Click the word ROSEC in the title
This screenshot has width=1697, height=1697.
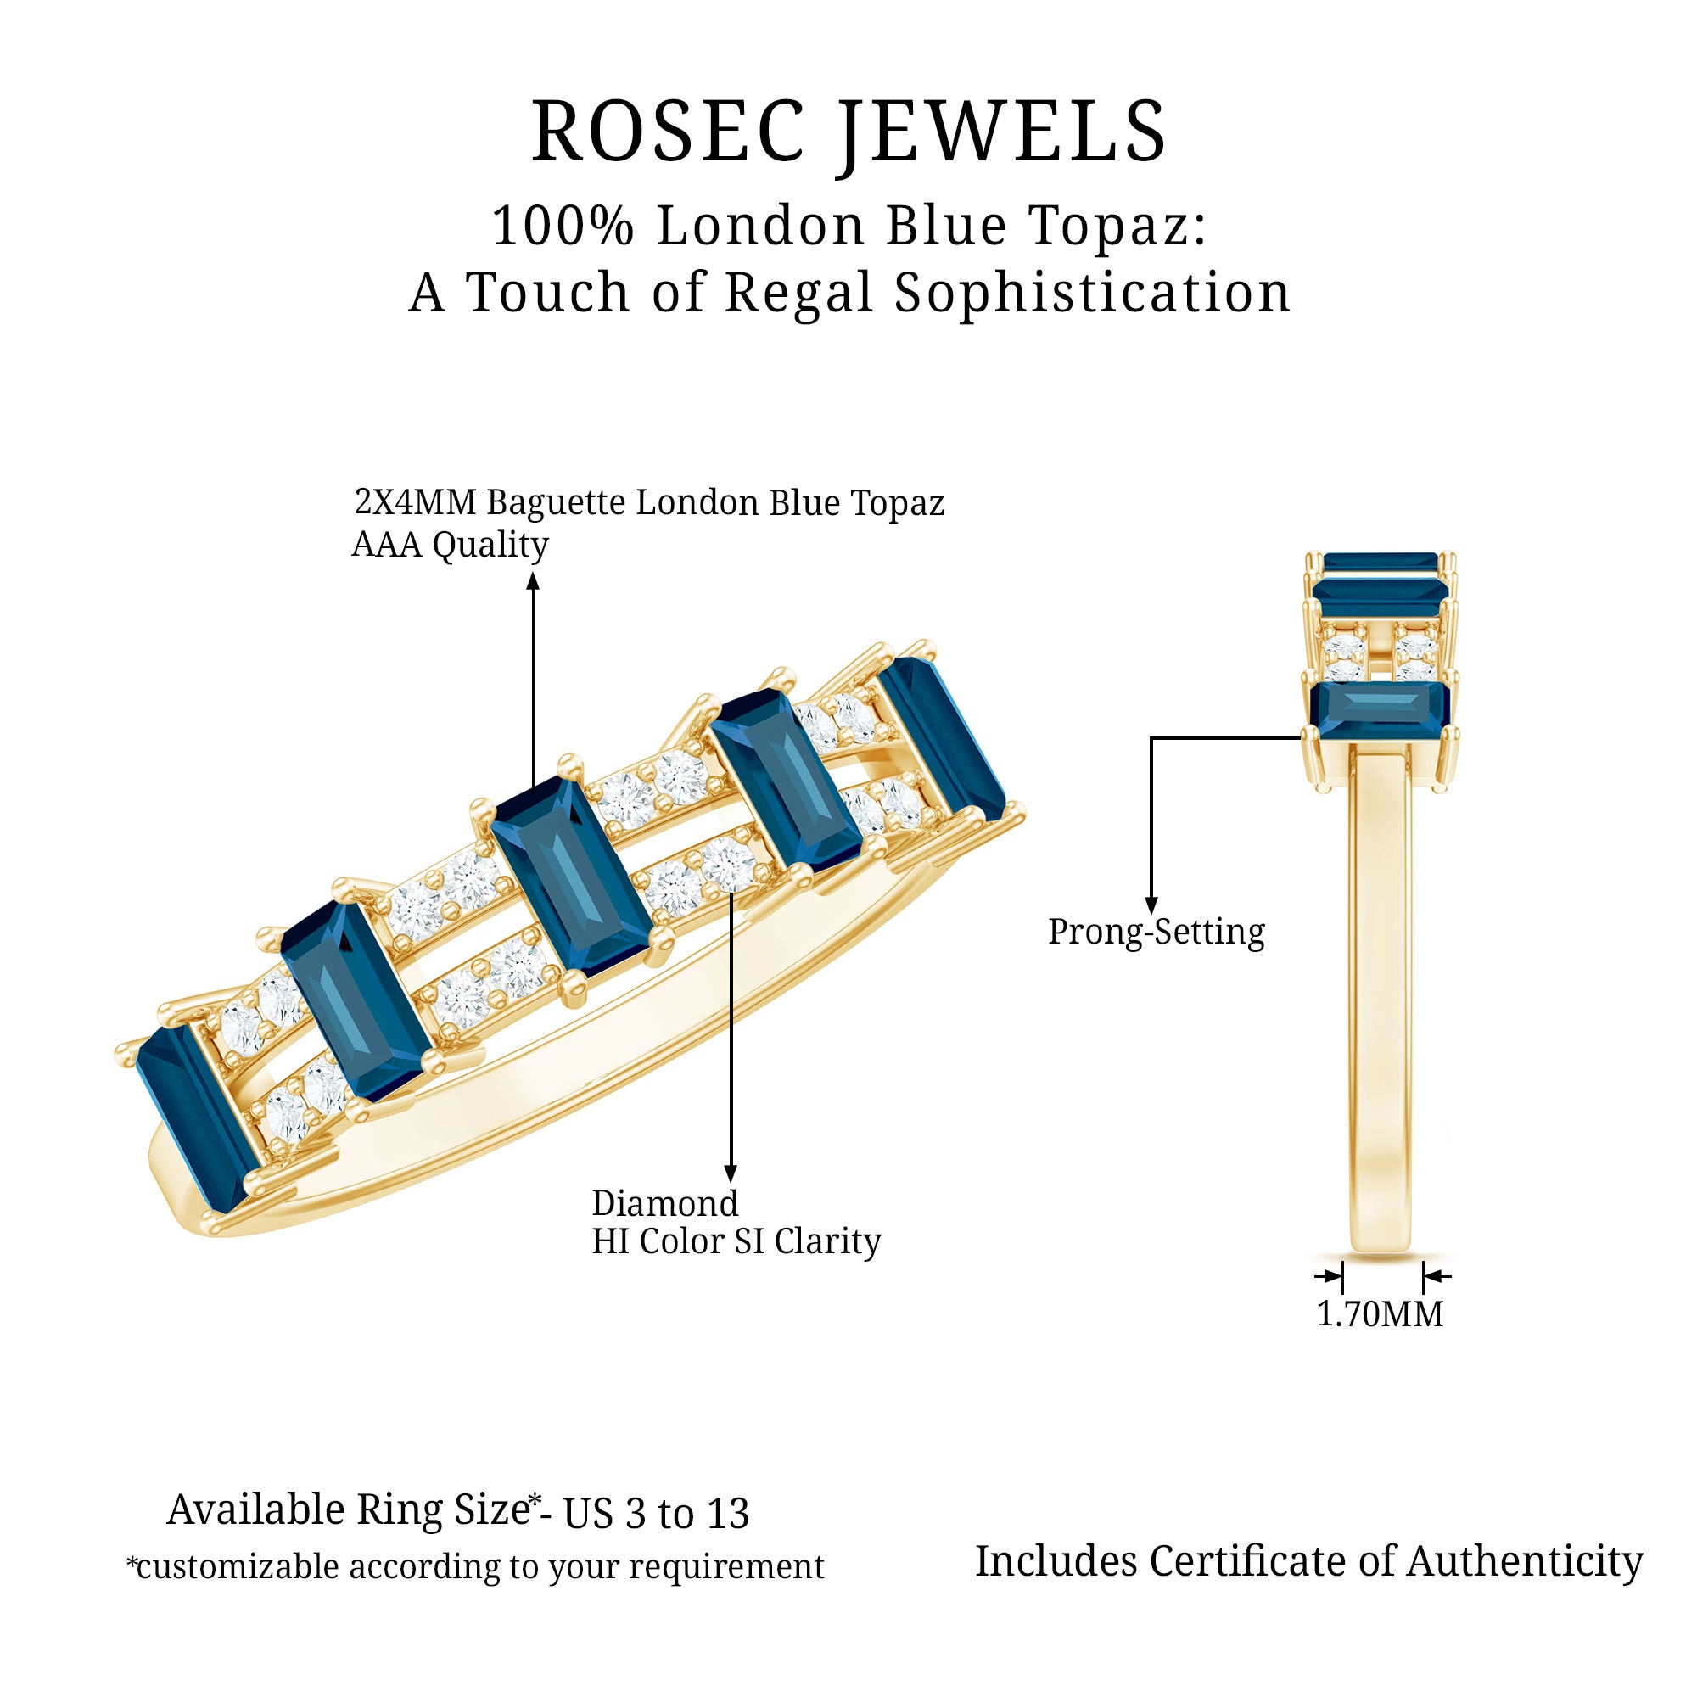668,132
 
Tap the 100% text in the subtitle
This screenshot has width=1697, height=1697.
563,226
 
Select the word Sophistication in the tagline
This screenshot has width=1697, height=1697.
1093,293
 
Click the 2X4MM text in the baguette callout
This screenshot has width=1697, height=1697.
416,502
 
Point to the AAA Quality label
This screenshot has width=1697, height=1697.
450,545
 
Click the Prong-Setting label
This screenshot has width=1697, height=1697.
1156,931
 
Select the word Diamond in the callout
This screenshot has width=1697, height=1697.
665,1203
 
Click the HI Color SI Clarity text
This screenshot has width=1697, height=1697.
736,1242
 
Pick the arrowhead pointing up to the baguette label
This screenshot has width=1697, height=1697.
532,581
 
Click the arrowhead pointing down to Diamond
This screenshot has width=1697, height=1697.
730,1173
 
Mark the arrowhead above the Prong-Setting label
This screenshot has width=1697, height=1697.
1151,905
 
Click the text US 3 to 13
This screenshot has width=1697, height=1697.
656,1514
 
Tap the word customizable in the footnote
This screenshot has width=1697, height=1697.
238,1567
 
